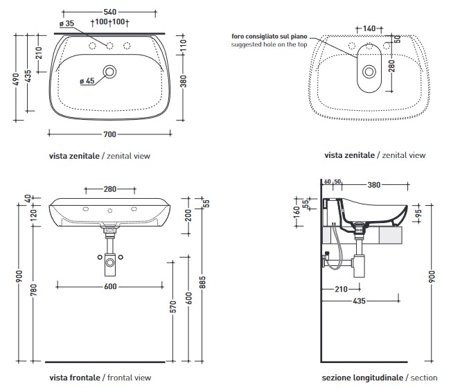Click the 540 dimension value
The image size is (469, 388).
point(109,12)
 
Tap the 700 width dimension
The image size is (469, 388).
point(109,134)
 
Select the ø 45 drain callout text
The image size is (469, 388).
point(87,81)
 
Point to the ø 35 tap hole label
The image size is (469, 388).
point(67,24)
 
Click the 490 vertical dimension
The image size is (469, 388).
point(17,79)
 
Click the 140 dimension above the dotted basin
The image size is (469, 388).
point(369,28)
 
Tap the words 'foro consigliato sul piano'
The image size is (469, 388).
point(269,37)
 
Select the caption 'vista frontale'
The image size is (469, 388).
point(75,378)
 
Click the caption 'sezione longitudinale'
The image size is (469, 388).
point(362,378)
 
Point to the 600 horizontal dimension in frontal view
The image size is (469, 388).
point(110,286)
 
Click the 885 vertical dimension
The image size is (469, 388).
point(202,283)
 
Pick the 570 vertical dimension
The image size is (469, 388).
point(173,307)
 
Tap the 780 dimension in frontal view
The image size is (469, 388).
point(33,290)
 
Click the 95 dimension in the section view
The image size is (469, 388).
point(418,213)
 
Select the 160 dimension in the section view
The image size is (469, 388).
point(297,213)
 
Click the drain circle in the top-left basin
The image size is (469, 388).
point(109,72)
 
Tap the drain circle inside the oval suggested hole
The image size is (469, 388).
point(369,72)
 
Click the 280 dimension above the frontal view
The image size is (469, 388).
point(109,189)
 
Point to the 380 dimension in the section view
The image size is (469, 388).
point(374,185)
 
